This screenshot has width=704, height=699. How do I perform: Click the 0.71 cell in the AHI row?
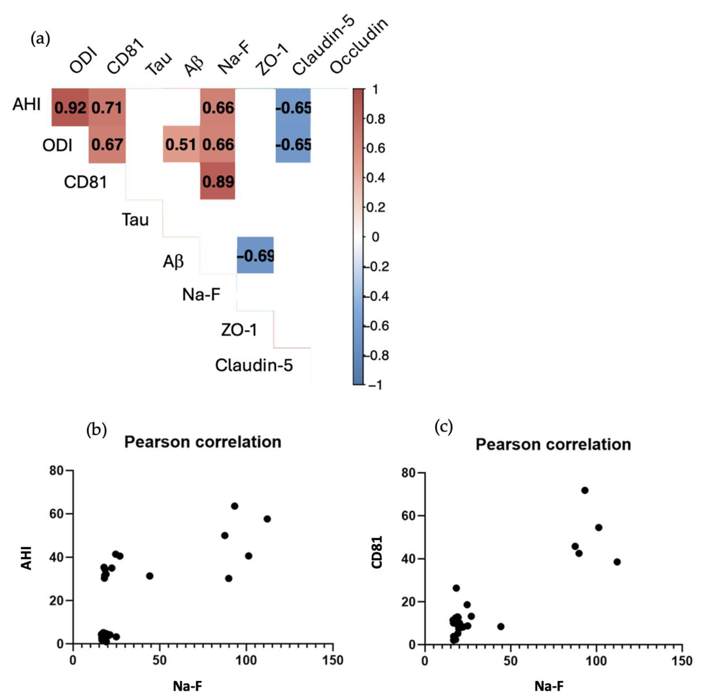point(107,107)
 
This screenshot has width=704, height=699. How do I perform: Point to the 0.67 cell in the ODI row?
point(107,145)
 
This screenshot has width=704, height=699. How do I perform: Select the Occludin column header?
point(359,46)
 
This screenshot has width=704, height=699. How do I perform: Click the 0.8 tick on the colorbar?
point(375,119)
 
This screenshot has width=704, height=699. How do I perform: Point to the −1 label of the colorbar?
point(375,385)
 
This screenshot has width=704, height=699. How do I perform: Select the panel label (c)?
point(443,427)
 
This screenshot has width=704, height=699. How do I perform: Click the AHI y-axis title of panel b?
point(26,558)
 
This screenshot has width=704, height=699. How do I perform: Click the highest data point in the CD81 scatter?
point(585,490)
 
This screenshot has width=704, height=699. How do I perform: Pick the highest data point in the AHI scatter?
point(235,506)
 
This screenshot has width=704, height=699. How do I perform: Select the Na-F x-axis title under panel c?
point(549,686)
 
